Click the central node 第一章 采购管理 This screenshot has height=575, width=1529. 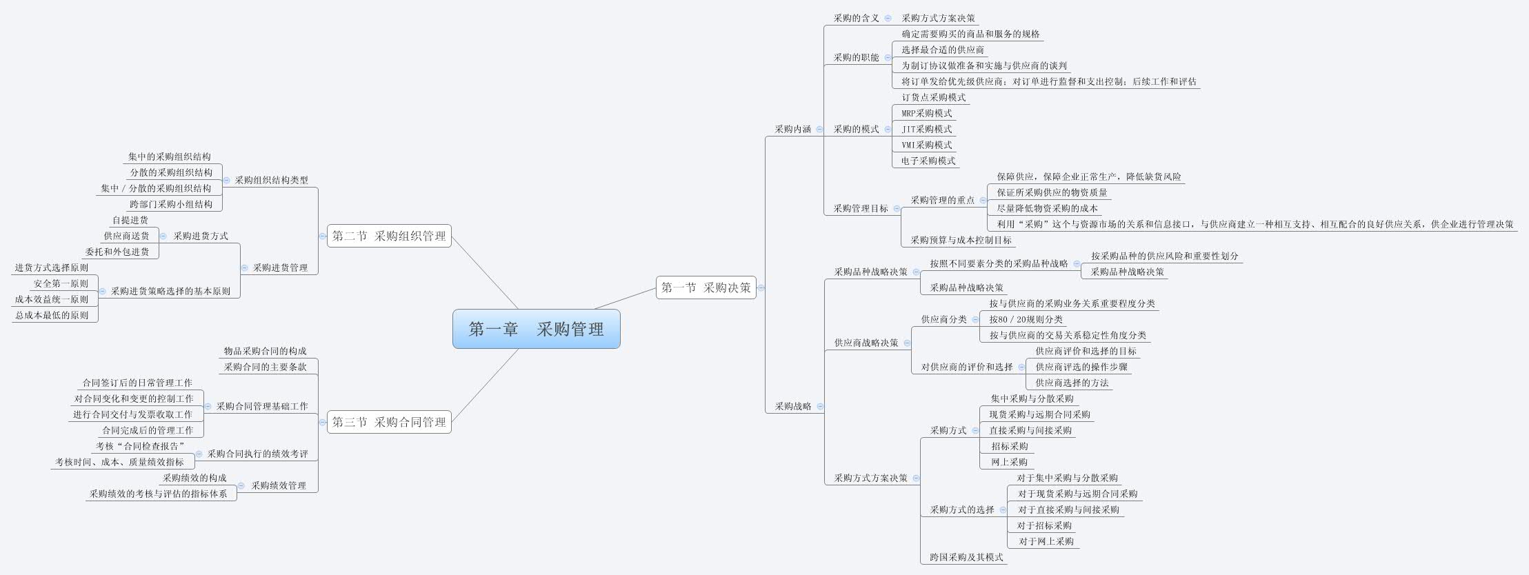(x=536, y=329)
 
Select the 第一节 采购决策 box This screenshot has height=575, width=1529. (x=706, y=287)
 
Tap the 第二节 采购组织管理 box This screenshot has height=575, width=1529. (x=389, y=236)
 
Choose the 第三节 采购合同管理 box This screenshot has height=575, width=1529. (x=389, y=422)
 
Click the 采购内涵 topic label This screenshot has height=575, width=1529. (x=792, y=129)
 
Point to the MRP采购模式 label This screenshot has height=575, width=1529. (x=926, y=113)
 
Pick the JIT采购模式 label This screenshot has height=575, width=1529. (x=926, y=129)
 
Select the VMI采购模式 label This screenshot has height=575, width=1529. (x=926, y=145)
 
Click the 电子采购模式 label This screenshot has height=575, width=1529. (x=928, y=161)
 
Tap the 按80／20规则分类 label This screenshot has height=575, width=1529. (x=1026, y=319)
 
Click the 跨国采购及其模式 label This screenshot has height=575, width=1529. (x=966, y=557)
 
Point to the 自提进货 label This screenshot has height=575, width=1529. (x=130, y=220)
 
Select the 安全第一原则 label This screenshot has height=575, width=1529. (x=61, y=283)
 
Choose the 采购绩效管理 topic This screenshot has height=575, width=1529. (x=279, y=485)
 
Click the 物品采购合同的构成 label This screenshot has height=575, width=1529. (x=265, y=351)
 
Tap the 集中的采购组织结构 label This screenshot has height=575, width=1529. (x=170, y=157)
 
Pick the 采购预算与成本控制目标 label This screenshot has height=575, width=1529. (x=961, y=240)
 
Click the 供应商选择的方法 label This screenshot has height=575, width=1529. (x=1072, y=383)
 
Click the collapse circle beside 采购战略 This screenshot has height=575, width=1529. (x=820, y=406)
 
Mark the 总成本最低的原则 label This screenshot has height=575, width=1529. (x=52, y=315)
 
